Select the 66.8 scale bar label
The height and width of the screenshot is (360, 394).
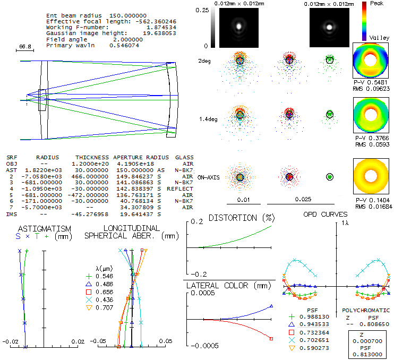[x=25, y=47]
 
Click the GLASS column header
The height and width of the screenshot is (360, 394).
[x=184, y=158]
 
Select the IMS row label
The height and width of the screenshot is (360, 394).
[x=11, y=213]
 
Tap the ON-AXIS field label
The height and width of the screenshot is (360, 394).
[x=208, y=177]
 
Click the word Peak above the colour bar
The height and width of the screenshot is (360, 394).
[x=378, y=3]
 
